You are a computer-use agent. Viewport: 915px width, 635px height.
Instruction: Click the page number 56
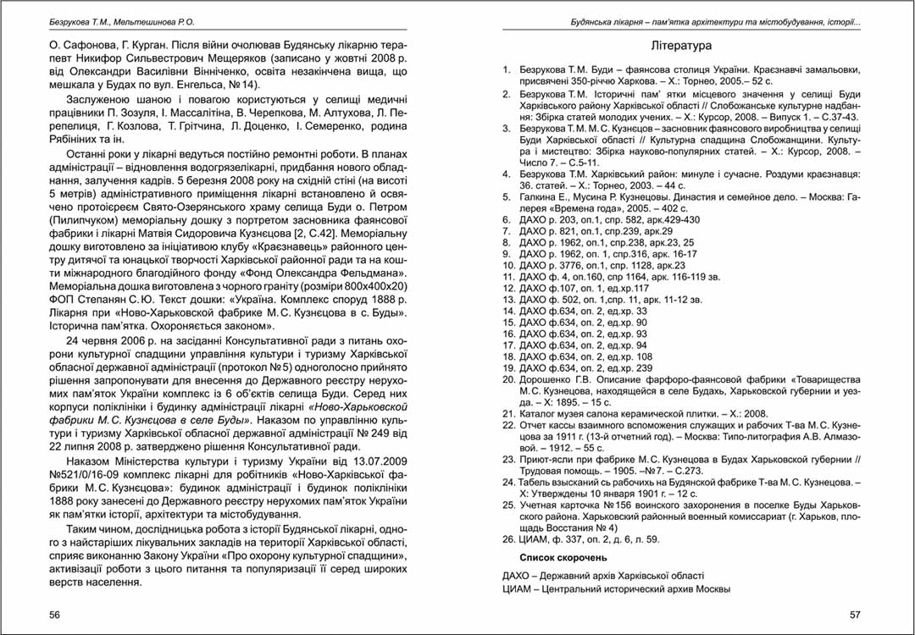54,614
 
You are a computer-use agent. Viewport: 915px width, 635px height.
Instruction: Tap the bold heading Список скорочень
563,558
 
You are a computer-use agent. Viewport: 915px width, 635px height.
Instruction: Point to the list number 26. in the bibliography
508,539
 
